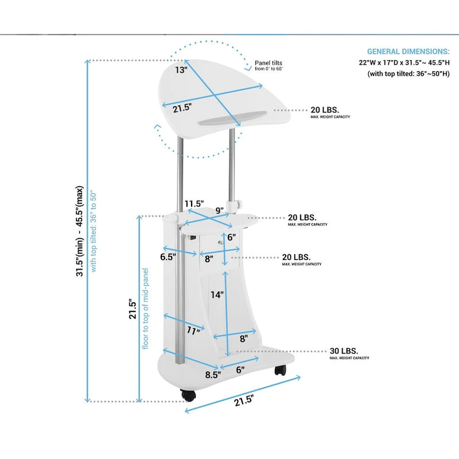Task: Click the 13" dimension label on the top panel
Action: tap(181, 70)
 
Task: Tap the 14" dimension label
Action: tap(216, 295)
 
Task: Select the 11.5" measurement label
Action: tap(195, 204)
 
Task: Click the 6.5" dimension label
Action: tap(168, 257)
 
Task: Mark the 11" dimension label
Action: tap(193, 330)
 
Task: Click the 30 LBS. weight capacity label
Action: tap(344, 351)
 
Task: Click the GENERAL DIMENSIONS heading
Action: tap(409, 52)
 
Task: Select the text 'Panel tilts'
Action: tap(269, 63)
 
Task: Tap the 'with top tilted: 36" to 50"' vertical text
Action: tap(94, 231)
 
